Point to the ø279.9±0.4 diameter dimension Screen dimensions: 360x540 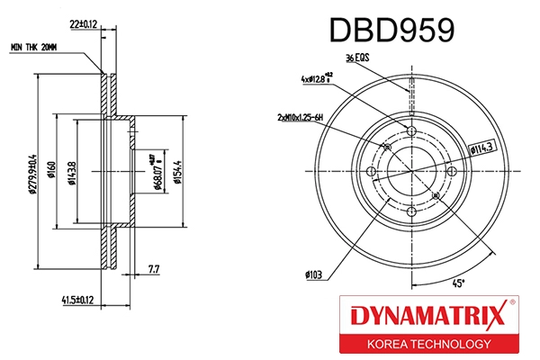pyautogui.click(x=31, y=165)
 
